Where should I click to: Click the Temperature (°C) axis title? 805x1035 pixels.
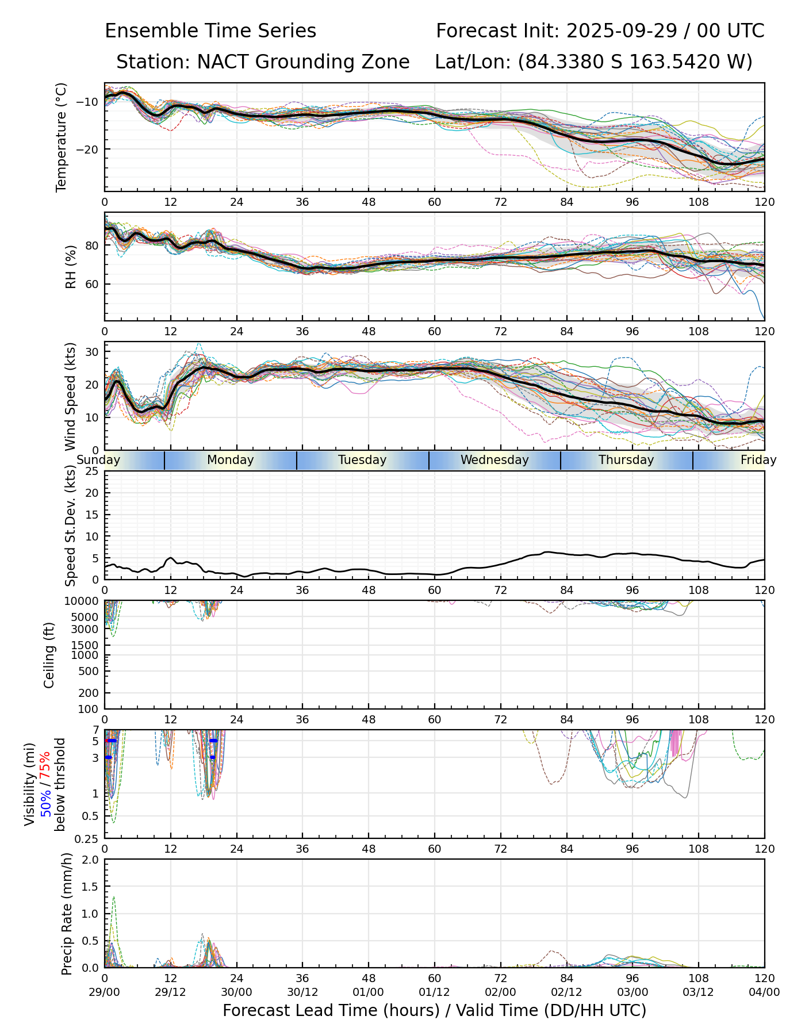(62, 137)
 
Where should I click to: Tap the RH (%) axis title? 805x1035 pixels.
(71, 266)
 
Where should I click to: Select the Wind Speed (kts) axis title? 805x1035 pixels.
(70, 396)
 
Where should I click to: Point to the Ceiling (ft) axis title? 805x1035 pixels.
(49, 655)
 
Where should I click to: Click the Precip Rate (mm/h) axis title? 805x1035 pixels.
(67, 913)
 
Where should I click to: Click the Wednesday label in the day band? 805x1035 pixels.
(494, 460)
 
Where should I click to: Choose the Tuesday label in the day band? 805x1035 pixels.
(362, 460)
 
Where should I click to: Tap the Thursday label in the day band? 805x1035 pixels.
(626, 460)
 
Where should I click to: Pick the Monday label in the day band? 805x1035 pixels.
(230, 460)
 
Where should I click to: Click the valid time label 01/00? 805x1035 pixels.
(369, 992)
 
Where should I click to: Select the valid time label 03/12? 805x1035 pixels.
(699, 992)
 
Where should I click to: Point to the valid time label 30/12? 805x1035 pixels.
(302, 992)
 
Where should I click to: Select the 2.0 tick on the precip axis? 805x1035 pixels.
(91, 860)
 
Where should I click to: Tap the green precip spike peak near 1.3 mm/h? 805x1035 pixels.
(114, 896)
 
